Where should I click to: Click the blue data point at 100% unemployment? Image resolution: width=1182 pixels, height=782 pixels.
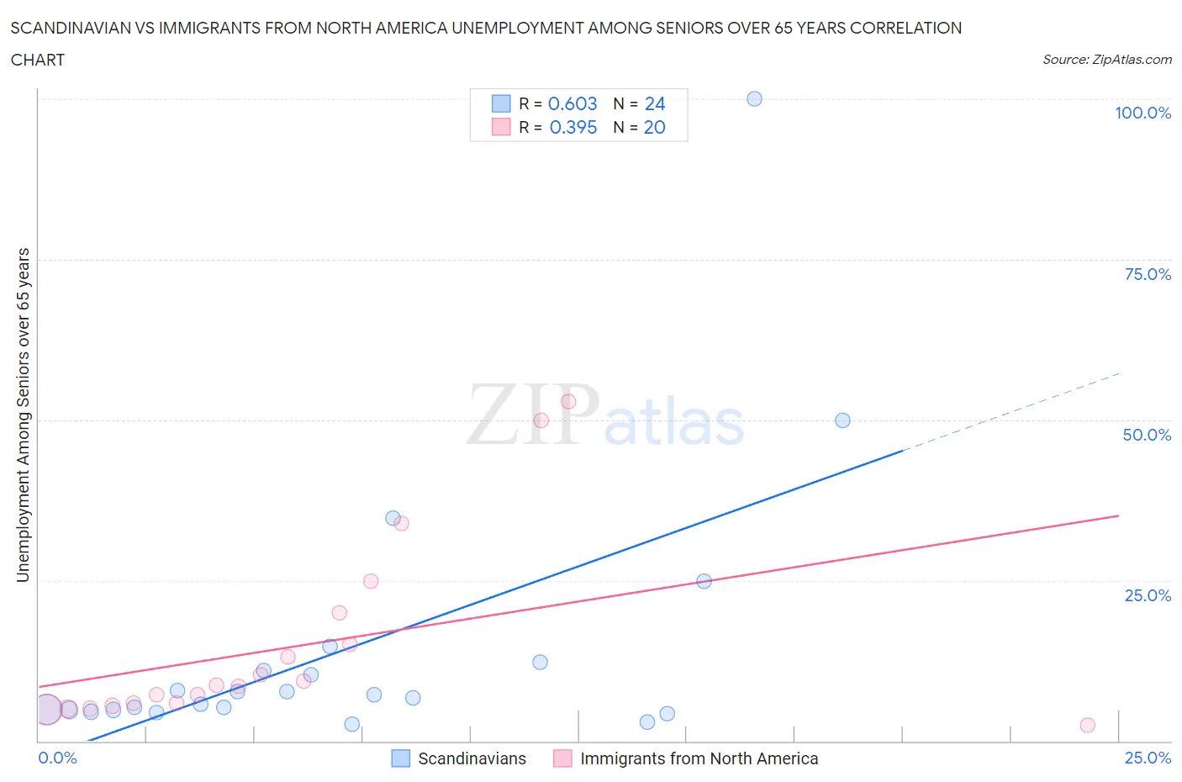click(x=754, y=99)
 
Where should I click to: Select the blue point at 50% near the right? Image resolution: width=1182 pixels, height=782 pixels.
click(x=842, y=420)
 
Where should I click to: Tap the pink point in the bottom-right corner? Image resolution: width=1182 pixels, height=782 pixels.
click(x=1087, y=725)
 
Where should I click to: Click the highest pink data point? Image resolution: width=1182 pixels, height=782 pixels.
click(x=568, y=402)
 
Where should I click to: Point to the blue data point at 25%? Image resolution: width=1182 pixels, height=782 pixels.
click(x=704, y=581)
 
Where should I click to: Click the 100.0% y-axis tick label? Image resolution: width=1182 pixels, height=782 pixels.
click(x=1142, y=114)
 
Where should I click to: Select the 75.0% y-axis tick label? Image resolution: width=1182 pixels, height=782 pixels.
click(x=1148, y=274)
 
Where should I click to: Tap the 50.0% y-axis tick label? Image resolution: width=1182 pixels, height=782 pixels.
click(x=1147, y=435)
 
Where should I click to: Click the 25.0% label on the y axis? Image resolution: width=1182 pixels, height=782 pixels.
click(x=1148, y=595)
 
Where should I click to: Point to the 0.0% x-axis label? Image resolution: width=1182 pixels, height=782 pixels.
click(x=57, y=758)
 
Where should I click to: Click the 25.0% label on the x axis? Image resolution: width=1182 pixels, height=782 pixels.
click(x=1148, y=758)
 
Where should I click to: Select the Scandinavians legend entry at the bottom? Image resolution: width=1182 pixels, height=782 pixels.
click(x=472, y=758)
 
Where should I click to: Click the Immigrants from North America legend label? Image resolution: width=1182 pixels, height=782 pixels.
click(x=699, y=758)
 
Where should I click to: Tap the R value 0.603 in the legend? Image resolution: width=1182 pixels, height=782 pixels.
click(x=573, y=103)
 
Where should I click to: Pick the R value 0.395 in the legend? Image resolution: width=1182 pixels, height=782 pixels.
click(x=573, y=127)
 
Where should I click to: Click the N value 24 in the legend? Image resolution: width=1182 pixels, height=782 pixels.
click(x=655, y=103)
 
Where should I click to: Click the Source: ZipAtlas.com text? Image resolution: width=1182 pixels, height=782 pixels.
click(x=1106, y=60)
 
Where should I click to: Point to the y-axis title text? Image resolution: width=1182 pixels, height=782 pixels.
click(x=24, y=415)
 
